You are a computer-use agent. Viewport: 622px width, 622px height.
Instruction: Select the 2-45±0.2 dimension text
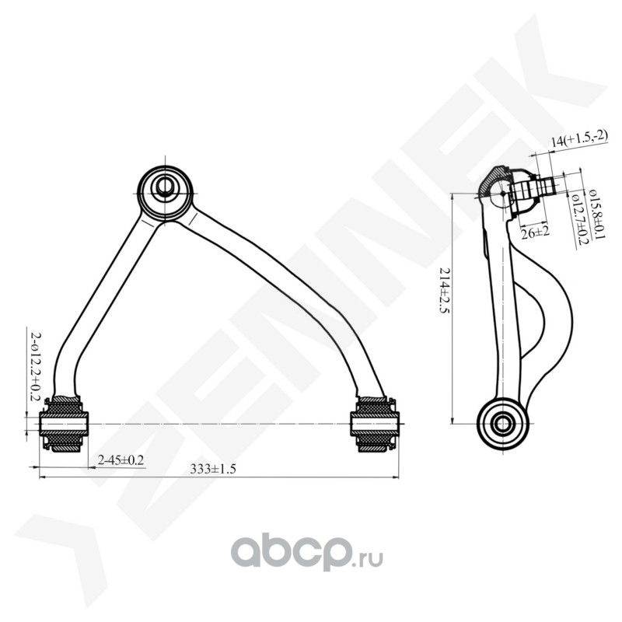click(x=121, y=460)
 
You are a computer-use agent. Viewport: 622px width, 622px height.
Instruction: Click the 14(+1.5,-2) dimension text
click(x=578, y=141)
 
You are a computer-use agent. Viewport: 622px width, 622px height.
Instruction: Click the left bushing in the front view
click(x=65, y=424)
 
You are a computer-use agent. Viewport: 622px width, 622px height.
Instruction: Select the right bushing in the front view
click(x=374, y=424)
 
